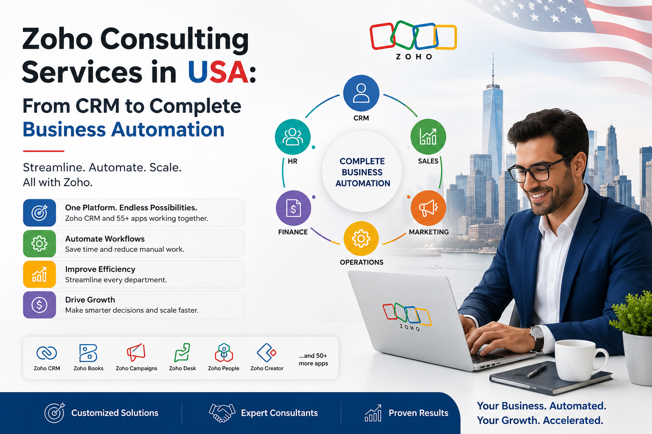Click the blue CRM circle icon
[x=361, y=93]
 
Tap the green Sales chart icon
[x=428, y=136]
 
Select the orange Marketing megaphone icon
[x=428, y=208]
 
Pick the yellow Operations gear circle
[x=361, y=239]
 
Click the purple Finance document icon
[x=293, y=208]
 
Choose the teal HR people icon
[x=293, y=136]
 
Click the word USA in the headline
[x=218, y=72]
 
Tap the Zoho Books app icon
[x=88, y=353]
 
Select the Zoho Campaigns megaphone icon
[x=136, y=352]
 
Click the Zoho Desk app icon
[x=182, y=353]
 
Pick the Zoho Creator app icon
[x=266, y=353]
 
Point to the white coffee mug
[x=579, y=360]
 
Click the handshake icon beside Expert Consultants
[x=222, y=413]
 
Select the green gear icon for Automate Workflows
[x=39, y=244]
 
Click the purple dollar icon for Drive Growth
[x=39, y=305]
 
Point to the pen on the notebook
[x=537, y=371]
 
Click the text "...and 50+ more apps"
[x=313, y=359]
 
